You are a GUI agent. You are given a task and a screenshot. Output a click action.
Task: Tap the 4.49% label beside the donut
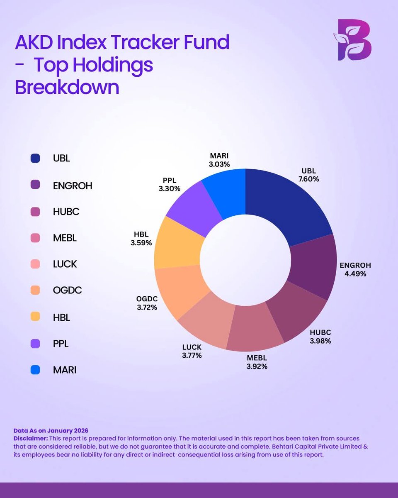pyautogui.click(x=355, y=274)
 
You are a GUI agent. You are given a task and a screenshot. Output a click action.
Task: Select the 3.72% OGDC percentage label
pyautogui.click(x=146, y=308)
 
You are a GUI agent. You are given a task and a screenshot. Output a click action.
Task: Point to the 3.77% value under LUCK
pyautogui.click(x=192, y=355)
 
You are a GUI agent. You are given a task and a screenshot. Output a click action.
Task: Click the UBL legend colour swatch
pyautogui.click(x=35, y=159)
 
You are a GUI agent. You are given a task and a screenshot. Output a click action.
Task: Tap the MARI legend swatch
pyautogui.click(x=35, y=370)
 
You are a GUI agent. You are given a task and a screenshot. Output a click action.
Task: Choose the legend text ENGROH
pyautogui.click(x=73, y=186)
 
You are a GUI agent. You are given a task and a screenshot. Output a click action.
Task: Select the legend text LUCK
pyautogui.click(x=65, y=264)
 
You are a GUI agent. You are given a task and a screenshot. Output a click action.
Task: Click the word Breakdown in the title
pyautogui.click(x=67, y=88)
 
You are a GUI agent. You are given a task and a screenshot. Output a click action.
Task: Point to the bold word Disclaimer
pyautogui.click(x=31, y=438)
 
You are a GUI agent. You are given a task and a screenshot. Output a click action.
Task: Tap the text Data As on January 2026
pyautogui.click(x=51, y=431)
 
